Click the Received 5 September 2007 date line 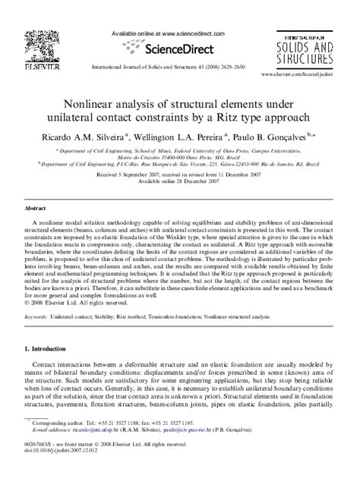tap(179, 174)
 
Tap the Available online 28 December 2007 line tap(179, 181)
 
